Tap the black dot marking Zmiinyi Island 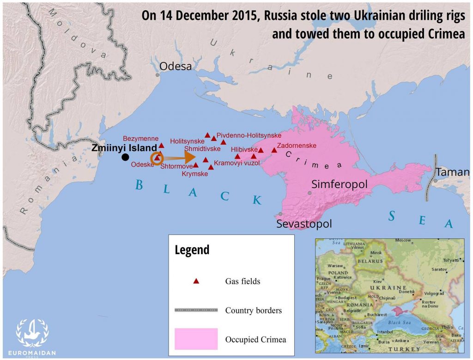(x=125, y=157)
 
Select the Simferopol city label (x=340, y=184)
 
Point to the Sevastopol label (x=304, y=224)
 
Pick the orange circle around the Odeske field (x=157, y=159)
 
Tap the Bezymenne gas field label (x=140, y=138)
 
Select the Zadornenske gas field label (x=297, y=146)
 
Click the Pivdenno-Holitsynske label (x=249, y=135)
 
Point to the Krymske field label (x=194, y=174)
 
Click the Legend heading (x=192, y=250)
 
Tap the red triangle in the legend (x=196, y=281)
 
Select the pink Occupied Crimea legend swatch (x=196, y=339)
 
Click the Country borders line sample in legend (x=196, y=310)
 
